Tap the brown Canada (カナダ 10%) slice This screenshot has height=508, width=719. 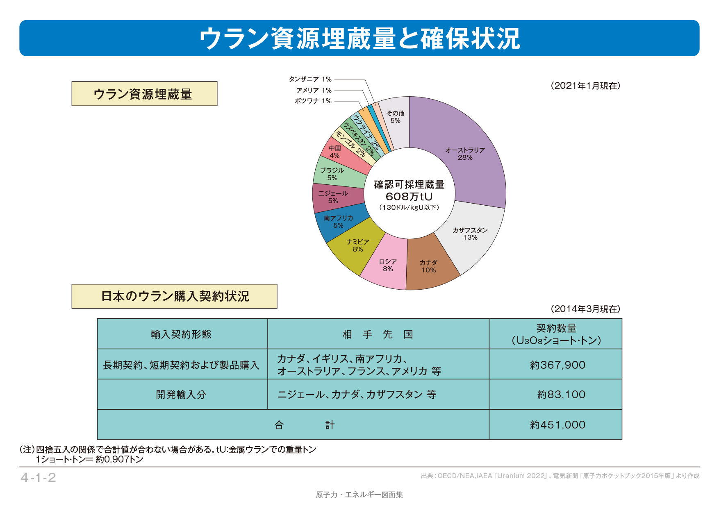pos(428,266)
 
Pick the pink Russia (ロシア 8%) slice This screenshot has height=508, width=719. pos(387,265)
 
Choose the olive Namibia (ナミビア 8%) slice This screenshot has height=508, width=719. pos(357,246)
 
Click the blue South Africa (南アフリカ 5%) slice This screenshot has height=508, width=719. pos(339,222)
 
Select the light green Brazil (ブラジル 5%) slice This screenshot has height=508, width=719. pos(332,174)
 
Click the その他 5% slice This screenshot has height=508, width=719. pos(395,117)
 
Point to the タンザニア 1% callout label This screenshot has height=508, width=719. pos(310,79)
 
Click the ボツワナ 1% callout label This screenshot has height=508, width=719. pos(313,101)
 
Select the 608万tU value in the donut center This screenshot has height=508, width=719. pos(409,197)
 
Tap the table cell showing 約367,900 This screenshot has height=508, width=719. pos(557,365)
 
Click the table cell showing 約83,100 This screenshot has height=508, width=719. pos(561,395)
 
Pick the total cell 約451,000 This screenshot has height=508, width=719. pos(557,425)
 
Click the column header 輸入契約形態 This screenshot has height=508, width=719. pos(181,334)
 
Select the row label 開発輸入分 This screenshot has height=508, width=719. pos(181,395)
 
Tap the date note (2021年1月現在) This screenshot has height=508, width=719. pos(585,86)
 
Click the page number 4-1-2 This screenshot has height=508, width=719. pos(38,478)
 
